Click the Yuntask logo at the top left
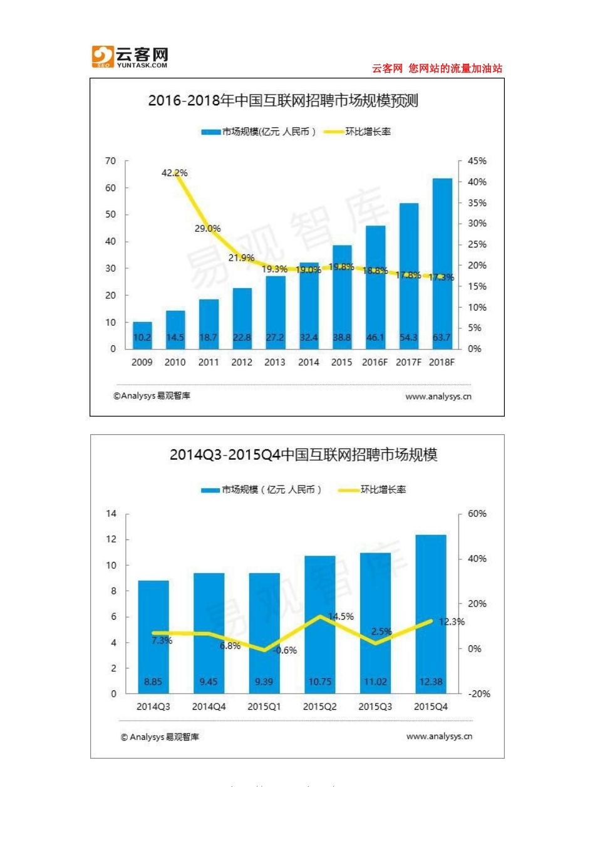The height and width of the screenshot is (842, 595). click(x=130, y=57)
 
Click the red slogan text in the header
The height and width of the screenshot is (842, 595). click(x=437, y=68)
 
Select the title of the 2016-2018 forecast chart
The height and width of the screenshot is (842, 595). click(x=282, y=101)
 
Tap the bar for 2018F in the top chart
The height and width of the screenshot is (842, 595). click(x=442, y=263)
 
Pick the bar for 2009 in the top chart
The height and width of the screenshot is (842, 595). click(x=142, y=335)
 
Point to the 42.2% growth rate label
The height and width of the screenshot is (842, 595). click(x=174, y=173)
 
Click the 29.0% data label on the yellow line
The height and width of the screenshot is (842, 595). click(x=207, y=229)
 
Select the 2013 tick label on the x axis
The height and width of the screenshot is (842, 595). click(x=275, y=362)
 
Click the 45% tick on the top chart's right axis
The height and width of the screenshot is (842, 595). click(x=477, y=161)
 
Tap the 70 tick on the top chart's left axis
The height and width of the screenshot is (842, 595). click(x=111, y=161)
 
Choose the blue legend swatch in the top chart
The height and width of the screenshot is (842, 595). click(x=210, y=132)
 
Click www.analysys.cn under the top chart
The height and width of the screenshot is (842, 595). click(x=438, y=397)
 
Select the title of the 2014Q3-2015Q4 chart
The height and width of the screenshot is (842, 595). click(x=303, y=455)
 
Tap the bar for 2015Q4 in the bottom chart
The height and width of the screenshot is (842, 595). click(x=431, y=614)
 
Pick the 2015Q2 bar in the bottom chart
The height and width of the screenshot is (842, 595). click(x=320, y=624)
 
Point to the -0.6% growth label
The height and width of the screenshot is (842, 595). click(x=285, y=650)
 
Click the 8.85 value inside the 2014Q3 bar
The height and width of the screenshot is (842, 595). click(x=153, y=682)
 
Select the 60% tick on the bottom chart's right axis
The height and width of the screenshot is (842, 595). click(x=477, y=514)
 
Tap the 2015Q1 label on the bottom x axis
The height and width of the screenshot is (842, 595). click(x=264, y=707)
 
